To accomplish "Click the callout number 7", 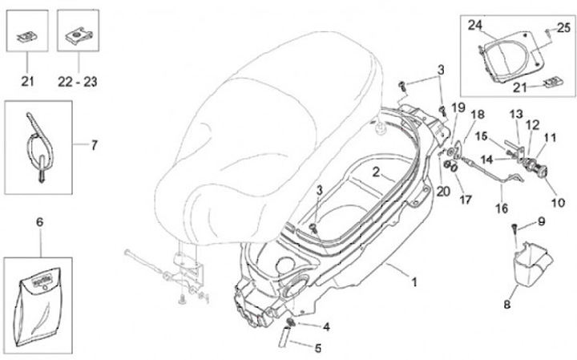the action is (x=94, y=145).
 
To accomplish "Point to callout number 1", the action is (x=414, y=282).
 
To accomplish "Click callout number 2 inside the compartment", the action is (x=375, y=172).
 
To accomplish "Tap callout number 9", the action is (x=541, y=221).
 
